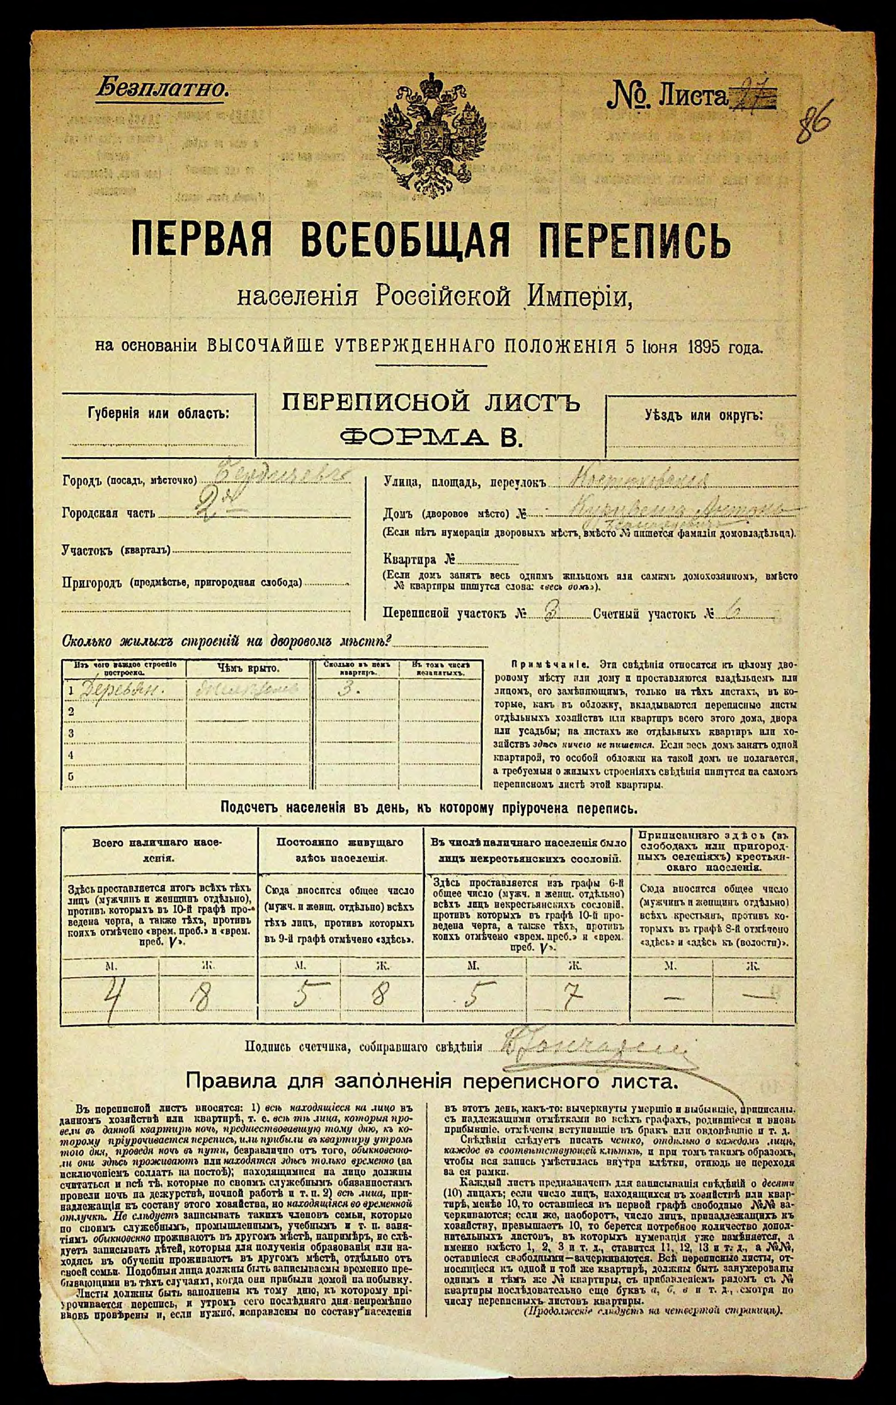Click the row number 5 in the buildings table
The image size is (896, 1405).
(x=71, y=777)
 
